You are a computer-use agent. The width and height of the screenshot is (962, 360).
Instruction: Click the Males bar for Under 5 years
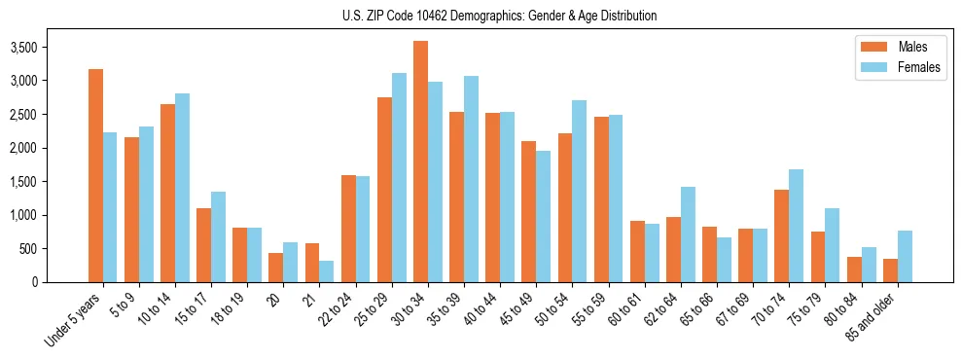[95, 175]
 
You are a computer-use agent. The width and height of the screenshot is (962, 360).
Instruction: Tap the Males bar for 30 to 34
[420, 162]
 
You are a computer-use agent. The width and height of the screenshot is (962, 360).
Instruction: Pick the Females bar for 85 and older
[905, 256]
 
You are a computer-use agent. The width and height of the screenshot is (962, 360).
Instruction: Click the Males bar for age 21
[312, 263]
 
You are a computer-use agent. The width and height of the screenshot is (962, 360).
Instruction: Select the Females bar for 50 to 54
[580, 191]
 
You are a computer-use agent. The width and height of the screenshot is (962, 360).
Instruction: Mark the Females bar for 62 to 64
[688, 234]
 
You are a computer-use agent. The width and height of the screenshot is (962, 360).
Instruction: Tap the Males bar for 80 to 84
[854, 270]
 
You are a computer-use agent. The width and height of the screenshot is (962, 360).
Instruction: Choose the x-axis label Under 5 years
[76, 321]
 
